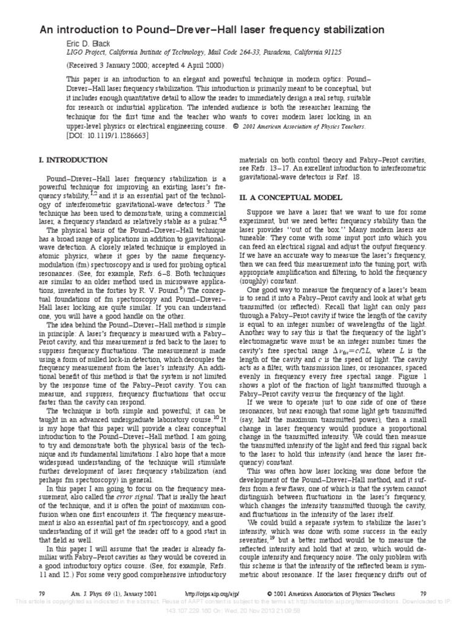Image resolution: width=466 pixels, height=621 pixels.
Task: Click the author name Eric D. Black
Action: coord(89,44)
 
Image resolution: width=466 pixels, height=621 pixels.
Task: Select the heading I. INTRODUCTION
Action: coord(73,160)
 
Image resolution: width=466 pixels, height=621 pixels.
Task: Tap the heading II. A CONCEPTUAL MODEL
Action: coord(291,198)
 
